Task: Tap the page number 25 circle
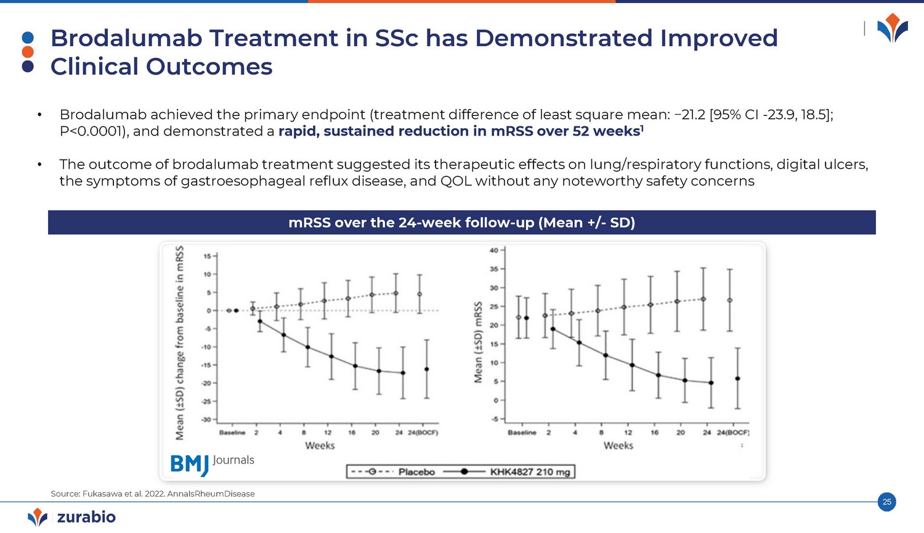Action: click(886, 502)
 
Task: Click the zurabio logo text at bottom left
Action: click(86, 517)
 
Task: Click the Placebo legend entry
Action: click(416, 472)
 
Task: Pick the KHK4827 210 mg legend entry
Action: click(530, 472)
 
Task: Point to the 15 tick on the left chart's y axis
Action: click(207, 256)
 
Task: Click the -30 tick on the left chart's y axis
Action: click(206, 420)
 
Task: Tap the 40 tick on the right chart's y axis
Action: click(494, 251)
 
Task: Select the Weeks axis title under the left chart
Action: click(320, 446)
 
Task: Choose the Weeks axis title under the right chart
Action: click(618, 446)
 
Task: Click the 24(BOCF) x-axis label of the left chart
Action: click(423, 433)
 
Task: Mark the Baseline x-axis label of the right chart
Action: click(522, 433)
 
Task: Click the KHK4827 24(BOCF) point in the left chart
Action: click(426, 369)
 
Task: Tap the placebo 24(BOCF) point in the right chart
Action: click(730, 300)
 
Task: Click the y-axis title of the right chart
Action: click(478, 342)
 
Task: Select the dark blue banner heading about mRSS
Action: click(461, 222)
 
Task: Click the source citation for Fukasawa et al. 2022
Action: click(153, 494)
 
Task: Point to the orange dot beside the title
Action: click(28, 52)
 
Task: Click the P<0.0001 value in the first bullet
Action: click(92, 131)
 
